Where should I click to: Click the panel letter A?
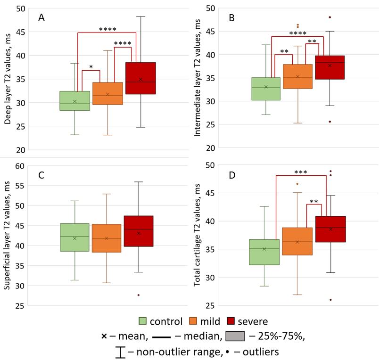(41, 18)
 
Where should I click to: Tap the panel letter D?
(231, 176)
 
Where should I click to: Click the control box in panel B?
(266, 89)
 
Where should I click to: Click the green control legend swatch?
(143, 321)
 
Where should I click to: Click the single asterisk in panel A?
(91, 67)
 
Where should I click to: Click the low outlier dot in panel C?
(138, 295)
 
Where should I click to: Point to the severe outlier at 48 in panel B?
(330, 17)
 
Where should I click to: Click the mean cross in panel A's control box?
(74, 101)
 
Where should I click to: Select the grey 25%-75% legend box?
(235, 336)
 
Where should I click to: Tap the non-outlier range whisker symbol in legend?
(121, 352)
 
